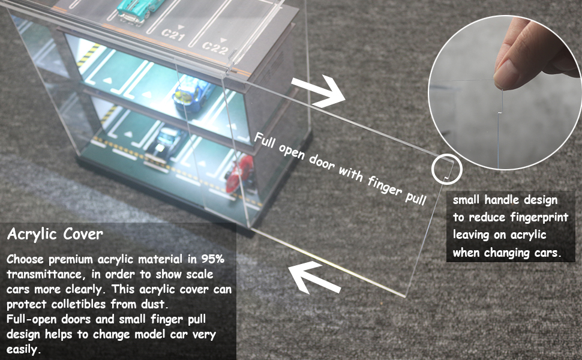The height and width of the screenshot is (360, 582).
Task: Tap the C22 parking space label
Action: coord(214,46)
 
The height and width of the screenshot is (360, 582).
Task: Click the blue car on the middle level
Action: coord(190,94)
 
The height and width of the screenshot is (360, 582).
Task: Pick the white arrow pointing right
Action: coord(319,90)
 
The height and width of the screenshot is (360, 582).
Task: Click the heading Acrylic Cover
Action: coord(55,234)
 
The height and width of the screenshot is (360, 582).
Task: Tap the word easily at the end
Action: coord(23,349)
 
